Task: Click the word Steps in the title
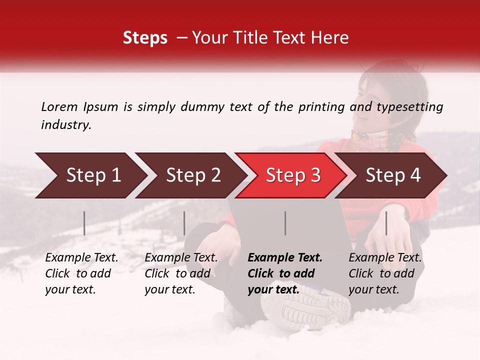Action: point(145,38)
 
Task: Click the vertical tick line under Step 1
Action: point(84,223)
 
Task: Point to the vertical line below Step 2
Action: point(184,223)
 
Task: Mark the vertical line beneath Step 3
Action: point(285,223)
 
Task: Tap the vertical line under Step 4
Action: point(386,223)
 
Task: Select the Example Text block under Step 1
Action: point(81,273)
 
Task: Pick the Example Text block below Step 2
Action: point(181,273)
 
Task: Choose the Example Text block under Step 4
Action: point(385,273)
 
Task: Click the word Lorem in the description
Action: point(59,106)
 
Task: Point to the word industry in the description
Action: point(65,124)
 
